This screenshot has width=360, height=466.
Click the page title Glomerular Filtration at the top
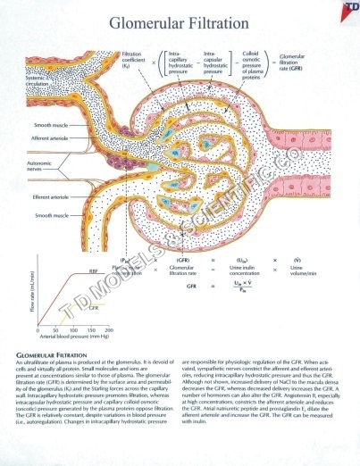[179, 24]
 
